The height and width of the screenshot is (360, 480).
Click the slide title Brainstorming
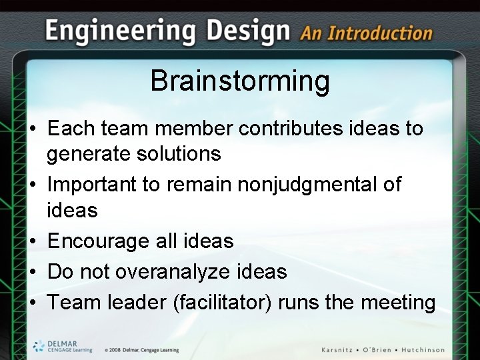click(x=240, y=81)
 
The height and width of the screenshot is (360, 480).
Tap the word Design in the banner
click(x=248, y=31)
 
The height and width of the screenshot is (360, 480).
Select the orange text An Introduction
click(x=366, y=33)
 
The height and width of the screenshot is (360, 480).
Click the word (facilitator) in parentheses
click(x=223, y=302)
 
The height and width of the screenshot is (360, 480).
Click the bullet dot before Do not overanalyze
click(x=33, y=272)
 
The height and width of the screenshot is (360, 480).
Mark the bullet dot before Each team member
click(x=33, y=129)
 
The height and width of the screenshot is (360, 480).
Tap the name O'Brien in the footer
click(x=379, y=350)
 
